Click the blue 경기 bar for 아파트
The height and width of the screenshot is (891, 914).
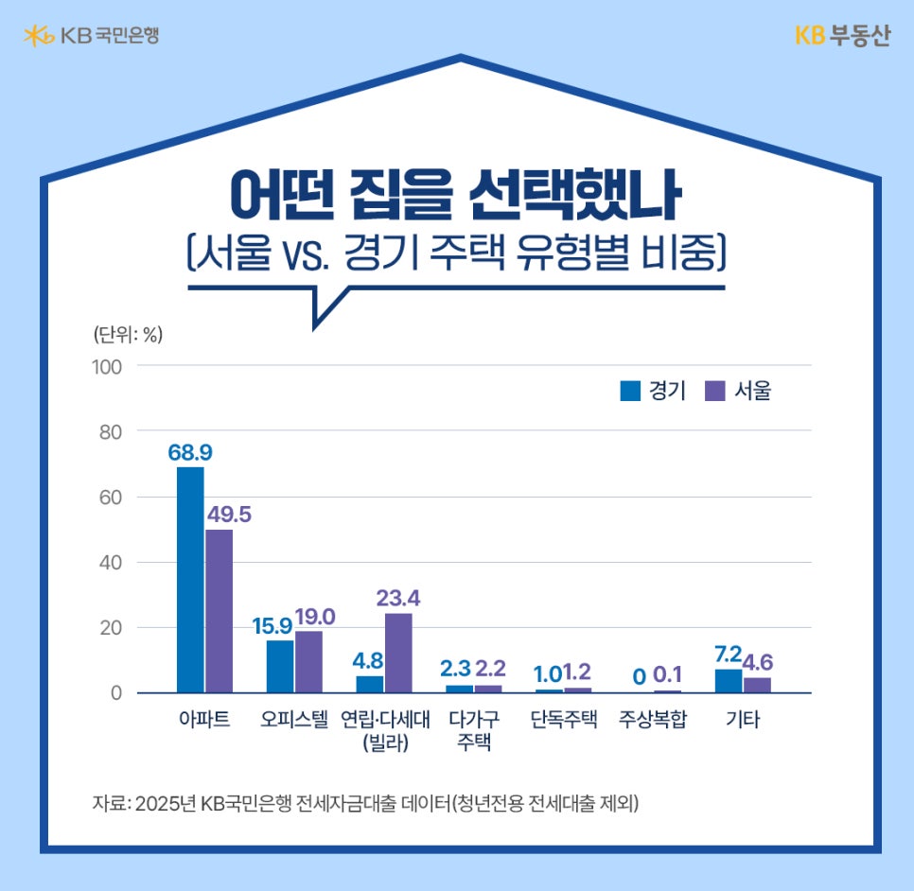point(190,580)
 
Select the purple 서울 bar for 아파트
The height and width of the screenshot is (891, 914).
point(219,611)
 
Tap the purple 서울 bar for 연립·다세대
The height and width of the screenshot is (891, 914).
point(398,654)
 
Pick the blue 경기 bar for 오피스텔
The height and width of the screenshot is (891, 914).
point(280,667)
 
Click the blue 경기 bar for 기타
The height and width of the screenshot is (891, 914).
point(729,681)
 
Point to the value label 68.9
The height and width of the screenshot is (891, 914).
point(190,452)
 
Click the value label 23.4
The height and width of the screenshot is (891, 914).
point(398,598)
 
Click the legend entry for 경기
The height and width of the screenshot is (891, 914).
point(653,391)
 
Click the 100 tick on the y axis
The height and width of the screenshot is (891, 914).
point(107,366)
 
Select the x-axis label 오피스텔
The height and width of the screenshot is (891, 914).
point(294,720)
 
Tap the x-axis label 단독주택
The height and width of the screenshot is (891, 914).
point(564,720)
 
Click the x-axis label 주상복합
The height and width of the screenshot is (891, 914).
point(653,720)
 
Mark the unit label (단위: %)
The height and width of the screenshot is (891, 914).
point(128,334)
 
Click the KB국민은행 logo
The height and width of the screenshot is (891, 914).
point(91,36)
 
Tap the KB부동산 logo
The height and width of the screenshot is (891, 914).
point(842,36)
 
